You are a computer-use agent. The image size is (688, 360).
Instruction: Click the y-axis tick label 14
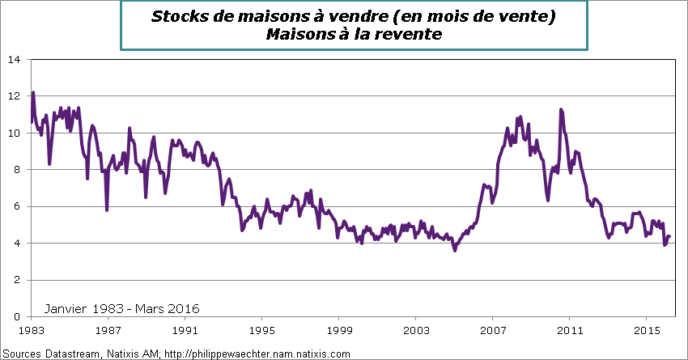coord(15,60)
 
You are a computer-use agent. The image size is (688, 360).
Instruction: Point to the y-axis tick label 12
coord(15,96)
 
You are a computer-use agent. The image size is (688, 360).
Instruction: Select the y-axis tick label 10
coord(15,133)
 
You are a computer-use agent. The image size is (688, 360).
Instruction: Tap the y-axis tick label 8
coord(18,170)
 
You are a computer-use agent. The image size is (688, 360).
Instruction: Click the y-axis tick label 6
coord(18,207)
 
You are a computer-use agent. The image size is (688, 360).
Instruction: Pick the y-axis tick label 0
coord(18,317)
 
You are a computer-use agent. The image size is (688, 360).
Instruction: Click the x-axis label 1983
coord(32,332)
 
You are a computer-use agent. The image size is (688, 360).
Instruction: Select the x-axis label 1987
coord(108,332)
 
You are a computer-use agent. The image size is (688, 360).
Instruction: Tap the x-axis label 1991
coord(185,332)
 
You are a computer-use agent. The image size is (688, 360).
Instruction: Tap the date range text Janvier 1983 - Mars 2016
coord(121,308)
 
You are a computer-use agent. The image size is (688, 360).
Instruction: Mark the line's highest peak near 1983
coord(33,92)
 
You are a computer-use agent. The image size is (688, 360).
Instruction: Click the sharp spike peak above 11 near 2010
coord(560,109)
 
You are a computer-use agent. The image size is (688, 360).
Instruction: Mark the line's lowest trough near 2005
coord(455,250)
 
